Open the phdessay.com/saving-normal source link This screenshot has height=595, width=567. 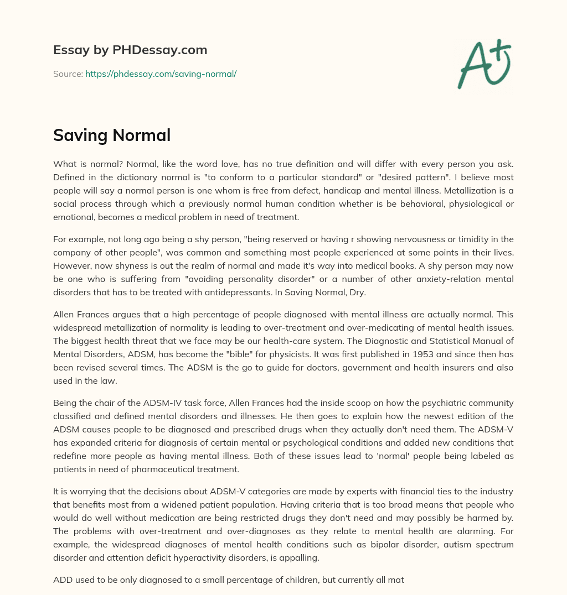161,74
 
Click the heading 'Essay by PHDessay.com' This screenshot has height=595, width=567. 130,50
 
